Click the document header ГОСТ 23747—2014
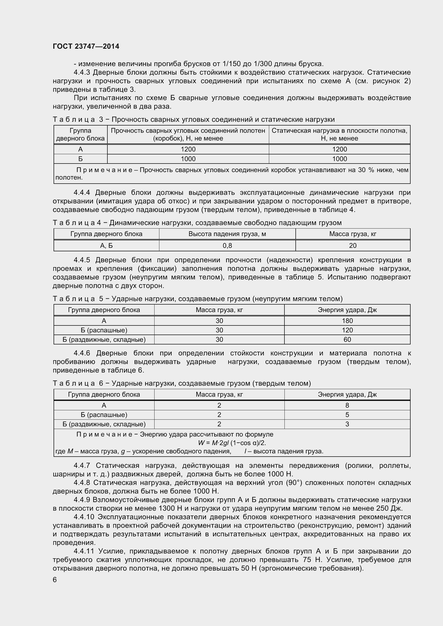(x=86, y=46)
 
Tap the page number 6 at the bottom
(x=55, y=580)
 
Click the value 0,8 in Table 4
(x=227, y=246)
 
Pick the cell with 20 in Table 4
(x=352, y=246)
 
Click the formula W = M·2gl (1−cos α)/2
(x=232, y=443)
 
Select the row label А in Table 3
(x=80, y=149)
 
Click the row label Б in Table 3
(x=80, y=159)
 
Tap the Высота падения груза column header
(x=227, y=234)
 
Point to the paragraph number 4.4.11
(x=84, y=551)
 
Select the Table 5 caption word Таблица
(x=74, y=299)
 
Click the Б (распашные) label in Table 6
(x=104, y=415)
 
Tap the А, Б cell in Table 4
(x=106, y=246)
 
